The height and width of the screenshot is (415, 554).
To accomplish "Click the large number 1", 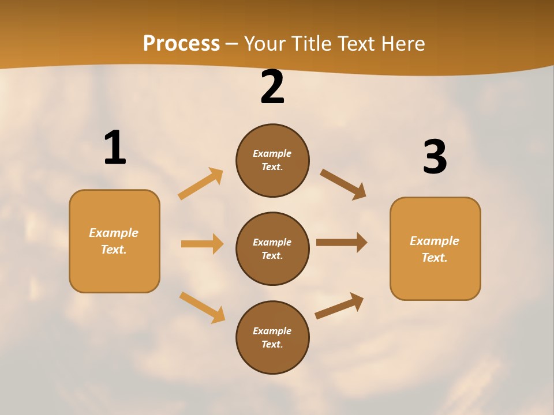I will click(115, 148).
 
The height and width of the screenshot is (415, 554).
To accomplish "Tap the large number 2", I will click(272, 88).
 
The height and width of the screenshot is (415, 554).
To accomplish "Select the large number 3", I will click(435, 157).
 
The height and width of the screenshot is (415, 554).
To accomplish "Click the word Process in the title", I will click(181, 43).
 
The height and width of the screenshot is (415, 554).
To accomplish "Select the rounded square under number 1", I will click(114, 241).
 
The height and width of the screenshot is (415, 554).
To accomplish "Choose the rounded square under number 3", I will click(435, 248).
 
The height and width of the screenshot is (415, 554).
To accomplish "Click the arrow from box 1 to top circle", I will click(201, 183).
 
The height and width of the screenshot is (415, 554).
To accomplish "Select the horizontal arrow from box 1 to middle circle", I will click(202, 244).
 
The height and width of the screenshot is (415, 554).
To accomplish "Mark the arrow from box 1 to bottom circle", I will click(202, 307).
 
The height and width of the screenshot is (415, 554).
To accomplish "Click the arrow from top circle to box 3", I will click(343, 184).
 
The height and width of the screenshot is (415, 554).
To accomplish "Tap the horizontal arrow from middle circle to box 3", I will click(342, 242).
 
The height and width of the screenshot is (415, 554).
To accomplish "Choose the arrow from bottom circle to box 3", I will click(339, 305).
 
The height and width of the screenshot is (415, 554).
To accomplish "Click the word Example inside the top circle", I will click(272, 153).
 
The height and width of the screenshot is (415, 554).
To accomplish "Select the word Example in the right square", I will click(435, 241).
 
